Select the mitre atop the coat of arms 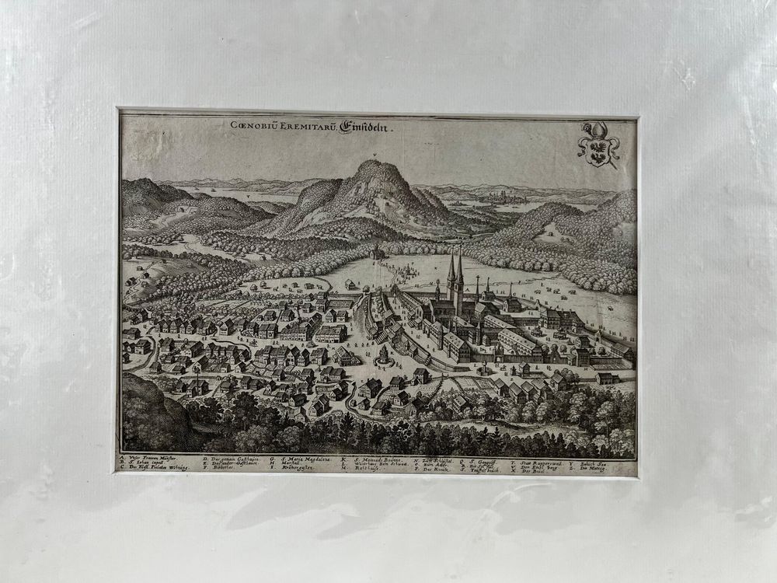pyautogui.click(x=595, y=127)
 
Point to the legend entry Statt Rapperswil pyautogui.click(x=536, y=460)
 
